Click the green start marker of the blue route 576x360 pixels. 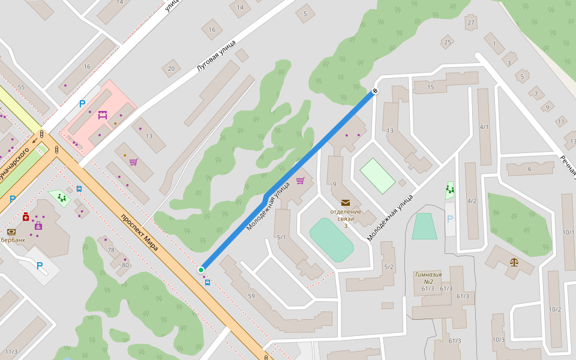click(x=201, y=270)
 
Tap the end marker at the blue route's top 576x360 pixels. click(x=375, y=91)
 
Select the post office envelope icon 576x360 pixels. click(x=345, y=203)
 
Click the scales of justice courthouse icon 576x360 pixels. click(x=514, y=262)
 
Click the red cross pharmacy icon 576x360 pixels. click(x=26, y=217)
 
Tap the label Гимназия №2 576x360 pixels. click(x=428, y=278)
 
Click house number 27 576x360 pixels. click(x=471, y=23)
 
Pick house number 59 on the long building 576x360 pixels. click(x=251, y=296)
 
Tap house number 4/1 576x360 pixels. click(x=485, y=127)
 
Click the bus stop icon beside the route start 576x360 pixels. click(x=208, y=282)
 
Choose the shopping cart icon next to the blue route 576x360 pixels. click(x=300, y=181)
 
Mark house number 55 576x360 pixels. click(x=21, y=88)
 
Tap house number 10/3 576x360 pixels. click(x=498, y=340)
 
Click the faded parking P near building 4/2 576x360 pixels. click(x=450, y=219)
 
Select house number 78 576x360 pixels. click(x=110, y=250)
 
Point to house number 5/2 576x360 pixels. click(x=388, y=267)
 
